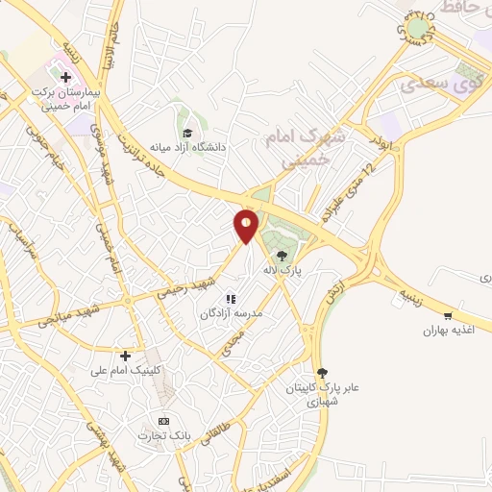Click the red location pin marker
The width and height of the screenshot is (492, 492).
click(246, 226)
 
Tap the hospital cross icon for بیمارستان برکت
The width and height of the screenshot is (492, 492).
click(65, 76)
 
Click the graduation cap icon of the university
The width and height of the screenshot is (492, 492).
click(188, 133)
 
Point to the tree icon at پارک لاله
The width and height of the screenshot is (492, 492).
click(282, 257)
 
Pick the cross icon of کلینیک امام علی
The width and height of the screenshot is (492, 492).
click(126, 355)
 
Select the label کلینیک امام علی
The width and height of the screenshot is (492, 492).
click(128, 370)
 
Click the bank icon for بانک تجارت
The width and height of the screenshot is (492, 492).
click(163, 421)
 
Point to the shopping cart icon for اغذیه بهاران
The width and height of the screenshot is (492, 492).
click(448, 315)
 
